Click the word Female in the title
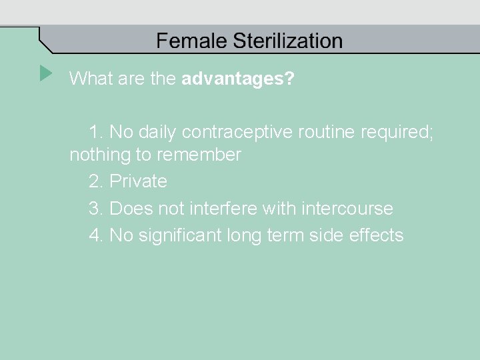(x=192, y=41)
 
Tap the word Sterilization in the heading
(x=288, y=41)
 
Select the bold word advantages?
(x=238, y=79)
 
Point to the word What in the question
(x=90, y=79)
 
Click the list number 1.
(x=95, y=131)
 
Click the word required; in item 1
(x=397, y=131)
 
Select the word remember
(x=200, y=155)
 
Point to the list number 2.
(x=95, y=181)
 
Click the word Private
(x=138, y=181)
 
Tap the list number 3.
(x=95, y=209)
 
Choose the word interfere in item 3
(x=223, y=209)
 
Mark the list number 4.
(x=95, y=235)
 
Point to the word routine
(x=323, y=131)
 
